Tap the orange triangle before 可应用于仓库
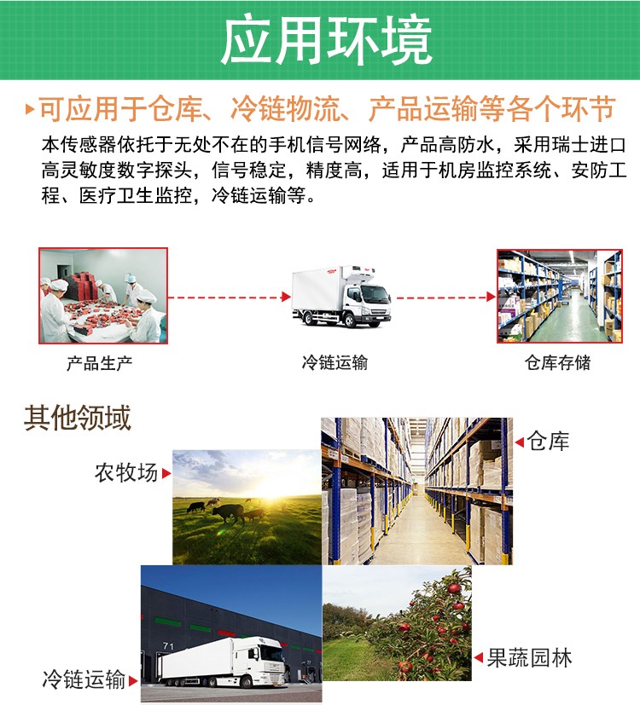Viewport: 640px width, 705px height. tap(31, 110)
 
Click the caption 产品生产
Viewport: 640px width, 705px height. tap(100, 363)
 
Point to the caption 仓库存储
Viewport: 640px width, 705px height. tap(557, 363)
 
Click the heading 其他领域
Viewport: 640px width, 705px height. tap(77, 419)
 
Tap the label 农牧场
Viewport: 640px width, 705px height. tap(126, 472)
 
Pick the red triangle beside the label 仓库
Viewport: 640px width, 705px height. tap(519, 442)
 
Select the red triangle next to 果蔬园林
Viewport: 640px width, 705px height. tap(479, 658)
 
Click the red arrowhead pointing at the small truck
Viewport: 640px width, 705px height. tap(286, 297)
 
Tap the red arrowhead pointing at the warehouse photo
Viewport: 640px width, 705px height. tap(491, 297)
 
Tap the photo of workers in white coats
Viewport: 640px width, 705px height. tap(102, 296)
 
